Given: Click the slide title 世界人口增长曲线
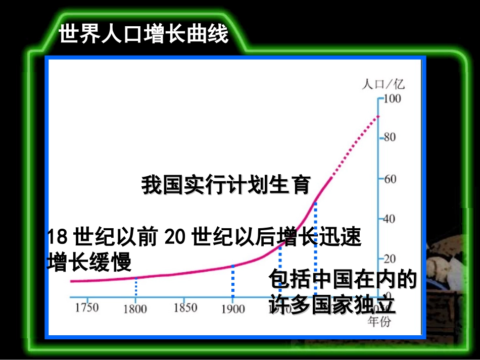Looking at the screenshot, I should (x=143, y=35).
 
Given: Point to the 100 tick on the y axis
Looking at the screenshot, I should (x=392, y=98).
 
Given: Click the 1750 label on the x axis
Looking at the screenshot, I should (x=86, y=307).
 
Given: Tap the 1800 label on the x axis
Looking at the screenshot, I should (x=135, y=308).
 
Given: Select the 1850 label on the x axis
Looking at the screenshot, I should (x=185, y=307).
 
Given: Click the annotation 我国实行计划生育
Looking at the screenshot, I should (x=225, y=185).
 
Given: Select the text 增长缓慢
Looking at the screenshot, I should (x=89, y=262).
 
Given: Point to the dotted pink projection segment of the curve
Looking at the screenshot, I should (x=356, y=147).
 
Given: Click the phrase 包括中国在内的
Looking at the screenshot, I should (x=343, y=279).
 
